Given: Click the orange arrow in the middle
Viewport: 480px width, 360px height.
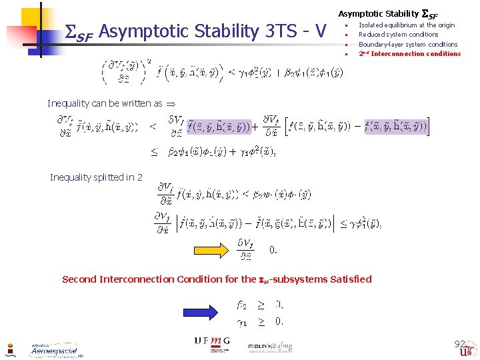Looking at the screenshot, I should pos(213,250).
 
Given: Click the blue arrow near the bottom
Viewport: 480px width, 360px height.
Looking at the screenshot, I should pos(201,312).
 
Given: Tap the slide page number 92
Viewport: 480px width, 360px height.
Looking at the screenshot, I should pos(459,344).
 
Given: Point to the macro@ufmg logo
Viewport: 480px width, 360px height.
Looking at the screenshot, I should pos(270,346).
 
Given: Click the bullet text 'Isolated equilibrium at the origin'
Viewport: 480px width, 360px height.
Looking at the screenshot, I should pos(406,25).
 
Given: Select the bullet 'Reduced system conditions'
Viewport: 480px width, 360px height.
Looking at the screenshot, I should pos(398,35).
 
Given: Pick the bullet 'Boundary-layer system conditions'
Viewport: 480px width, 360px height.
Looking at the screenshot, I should pos(408,44).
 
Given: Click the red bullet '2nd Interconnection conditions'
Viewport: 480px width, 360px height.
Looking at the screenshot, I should pos(409,54).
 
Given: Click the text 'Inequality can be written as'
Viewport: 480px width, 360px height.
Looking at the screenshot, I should pos(105,103).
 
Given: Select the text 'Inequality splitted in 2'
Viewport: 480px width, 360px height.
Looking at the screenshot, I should pos(96,177).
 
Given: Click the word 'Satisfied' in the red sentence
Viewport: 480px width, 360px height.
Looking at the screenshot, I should pos(346,279).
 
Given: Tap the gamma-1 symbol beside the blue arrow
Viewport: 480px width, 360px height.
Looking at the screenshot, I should pos(242,321).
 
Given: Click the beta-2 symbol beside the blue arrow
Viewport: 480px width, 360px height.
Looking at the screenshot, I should pos(242,305).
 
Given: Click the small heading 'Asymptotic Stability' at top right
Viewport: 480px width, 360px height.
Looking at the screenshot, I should pos(378,13).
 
